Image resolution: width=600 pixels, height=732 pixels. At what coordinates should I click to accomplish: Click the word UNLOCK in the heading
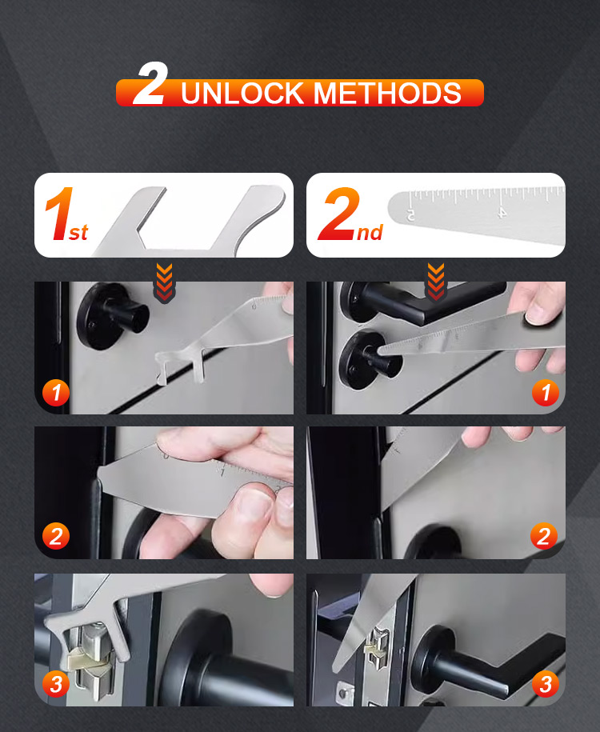(242, 93)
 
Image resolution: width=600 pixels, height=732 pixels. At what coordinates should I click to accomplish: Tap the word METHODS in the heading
(387, 93)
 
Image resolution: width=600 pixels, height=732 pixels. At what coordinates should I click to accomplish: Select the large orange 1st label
(66, 214)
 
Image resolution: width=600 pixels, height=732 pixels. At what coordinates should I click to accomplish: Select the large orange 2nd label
(350, 214)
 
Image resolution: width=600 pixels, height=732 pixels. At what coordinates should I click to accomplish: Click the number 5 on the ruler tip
(410, 214)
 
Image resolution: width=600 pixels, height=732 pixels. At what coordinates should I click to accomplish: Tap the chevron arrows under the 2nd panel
(436, 282)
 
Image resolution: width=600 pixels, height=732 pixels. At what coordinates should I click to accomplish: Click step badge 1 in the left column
(56, 392)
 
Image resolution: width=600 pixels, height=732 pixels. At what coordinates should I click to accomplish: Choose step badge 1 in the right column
(546, 392)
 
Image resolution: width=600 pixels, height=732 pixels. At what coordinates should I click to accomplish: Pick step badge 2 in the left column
(56, 536)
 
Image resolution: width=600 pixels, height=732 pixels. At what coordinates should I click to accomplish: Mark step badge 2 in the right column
(544, 536)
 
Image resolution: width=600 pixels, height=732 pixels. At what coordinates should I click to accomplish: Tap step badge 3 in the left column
(56, 684)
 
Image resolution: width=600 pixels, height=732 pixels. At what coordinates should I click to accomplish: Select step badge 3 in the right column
(546, 684)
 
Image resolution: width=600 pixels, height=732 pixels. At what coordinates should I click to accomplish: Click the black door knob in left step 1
(112, 316)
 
